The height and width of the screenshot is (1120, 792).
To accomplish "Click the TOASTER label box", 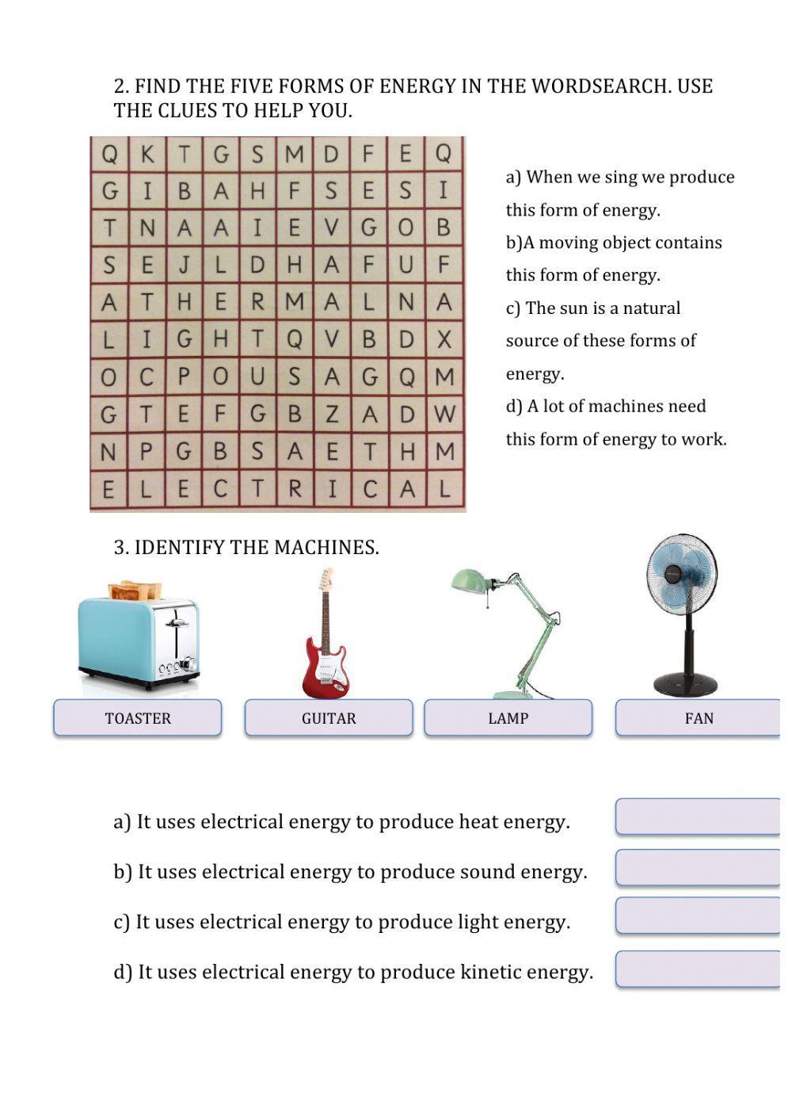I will [138, 718].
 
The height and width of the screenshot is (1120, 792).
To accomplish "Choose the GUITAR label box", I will [329, 718].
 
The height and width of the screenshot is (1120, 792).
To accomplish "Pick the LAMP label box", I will [508, 718].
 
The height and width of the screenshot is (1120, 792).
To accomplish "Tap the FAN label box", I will [698, 718].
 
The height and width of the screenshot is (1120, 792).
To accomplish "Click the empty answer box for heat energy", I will [698, 817].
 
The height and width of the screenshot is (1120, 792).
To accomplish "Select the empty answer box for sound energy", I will [698, 868].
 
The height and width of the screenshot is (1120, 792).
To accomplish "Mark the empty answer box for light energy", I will [698, 916].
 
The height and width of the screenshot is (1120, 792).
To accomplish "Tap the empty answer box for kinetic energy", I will [698, 969].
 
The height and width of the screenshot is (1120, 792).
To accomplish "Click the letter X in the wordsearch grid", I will [444, 339].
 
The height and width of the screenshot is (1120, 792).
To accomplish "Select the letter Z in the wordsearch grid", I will [332, 414].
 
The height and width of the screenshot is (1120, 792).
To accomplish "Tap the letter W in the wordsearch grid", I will [445, 414].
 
